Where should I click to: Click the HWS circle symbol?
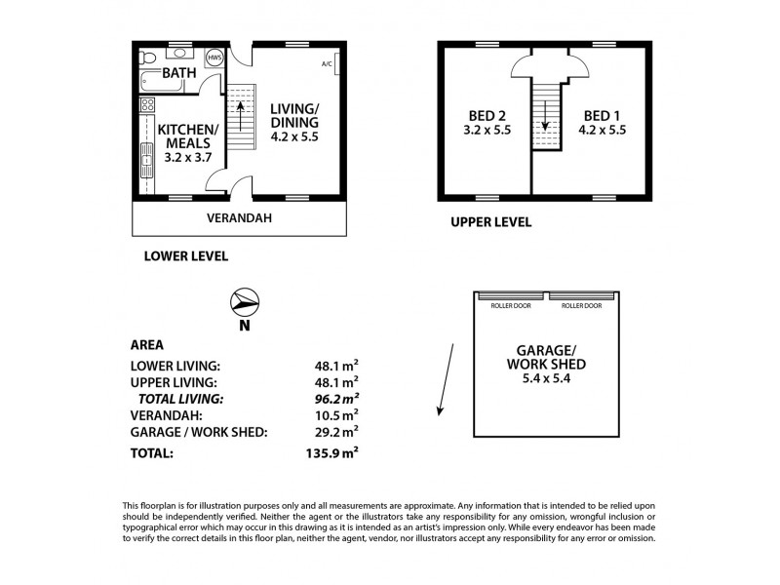[x=214, y=58]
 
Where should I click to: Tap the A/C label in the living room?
[x=327, y=64]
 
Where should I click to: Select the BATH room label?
[x=178, y=73]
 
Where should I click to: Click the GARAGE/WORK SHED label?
[x=547, y=364]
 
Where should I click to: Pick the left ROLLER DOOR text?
[x=509, y=305]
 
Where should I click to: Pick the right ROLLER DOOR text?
[x=582, y=305]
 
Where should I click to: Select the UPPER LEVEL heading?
[x=490, y=222]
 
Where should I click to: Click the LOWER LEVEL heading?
[x=185, y=256]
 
